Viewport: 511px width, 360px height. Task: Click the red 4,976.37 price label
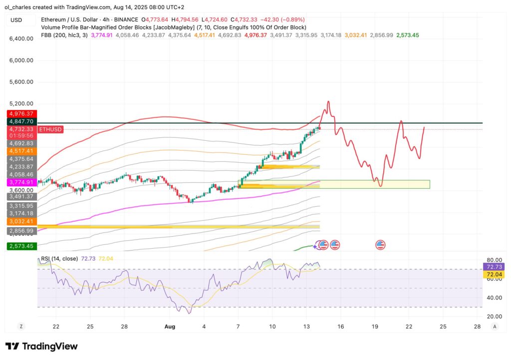tap(20, 114)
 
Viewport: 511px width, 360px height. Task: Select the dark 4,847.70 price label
tap(20, 121)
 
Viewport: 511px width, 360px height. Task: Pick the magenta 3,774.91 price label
tap(20, 182)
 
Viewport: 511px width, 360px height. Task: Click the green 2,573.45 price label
tap(20, 246)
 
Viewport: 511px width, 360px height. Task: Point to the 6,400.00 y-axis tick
tap(20, 38)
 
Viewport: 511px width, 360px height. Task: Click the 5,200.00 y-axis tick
tap(20, 103)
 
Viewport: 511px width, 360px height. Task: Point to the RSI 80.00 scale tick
tap(494, 260)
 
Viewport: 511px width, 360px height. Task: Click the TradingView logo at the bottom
tap(41, 346)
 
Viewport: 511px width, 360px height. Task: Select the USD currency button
tap(16, 20)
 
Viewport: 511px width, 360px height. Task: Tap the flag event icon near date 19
tap(380, 245)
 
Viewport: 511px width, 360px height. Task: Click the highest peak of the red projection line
tap(328, 101)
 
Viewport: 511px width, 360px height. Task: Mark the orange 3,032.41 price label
tap(20, 221)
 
